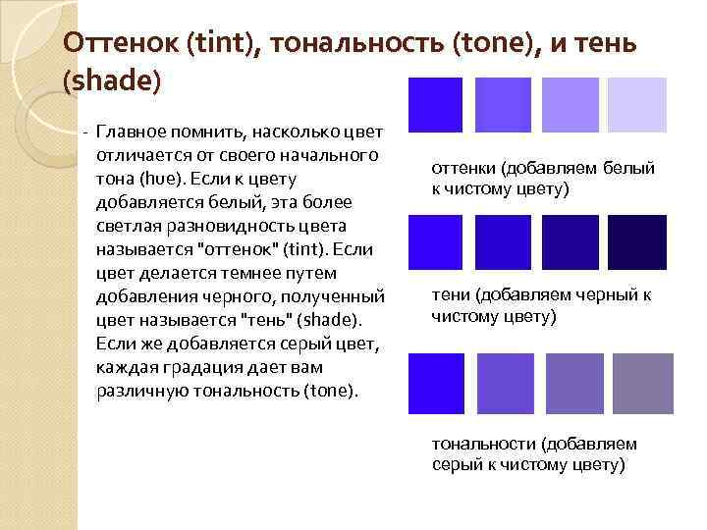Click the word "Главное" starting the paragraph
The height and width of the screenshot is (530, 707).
click(131, 133)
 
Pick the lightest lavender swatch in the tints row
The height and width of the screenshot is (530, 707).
click(637, 104)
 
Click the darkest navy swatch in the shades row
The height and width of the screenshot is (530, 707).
click(637, 242)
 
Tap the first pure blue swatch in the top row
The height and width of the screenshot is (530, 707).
click(434, 104)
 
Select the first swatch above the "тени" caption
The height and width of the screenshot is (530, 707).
click(434, 242)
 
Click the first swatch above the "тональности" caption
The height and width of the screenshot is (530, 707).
click(434, 382)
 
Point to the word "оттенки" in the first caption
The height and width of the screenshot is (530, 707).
click(463, 169)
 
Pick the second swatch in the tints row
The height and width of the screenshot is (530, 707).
click(502, 104)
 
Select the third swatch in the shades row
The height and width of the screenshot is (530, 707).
click(570, 242)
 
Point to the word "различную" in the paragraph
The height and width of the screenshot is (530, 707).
click(136, 391)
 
